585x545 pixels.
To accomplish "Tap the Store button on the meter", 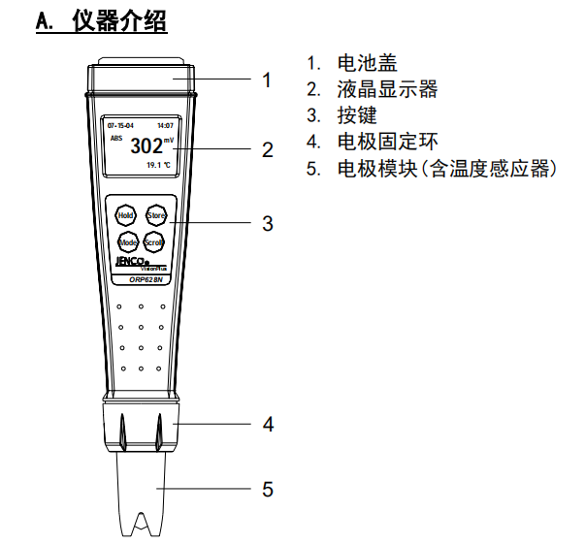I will click(156, 214).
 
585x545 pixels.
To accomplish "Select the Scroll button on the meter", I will click(155, 242).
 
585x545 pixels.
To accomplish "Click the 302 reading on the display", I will click(146, 147).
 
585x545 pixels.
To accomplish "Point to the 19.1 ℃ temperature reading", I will click(158, 166).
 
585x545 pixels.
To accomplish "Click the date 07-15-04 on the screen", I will click(120, 126).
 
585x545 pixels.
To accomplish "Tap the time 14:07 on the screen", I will click(166, 126).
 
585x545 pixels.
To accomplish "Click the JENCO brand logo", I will click(129, 262).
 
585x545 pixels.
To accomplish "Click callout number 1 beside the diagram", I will click(267, 80).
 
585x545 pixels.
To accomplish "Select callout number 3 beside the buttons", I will click(267, 224).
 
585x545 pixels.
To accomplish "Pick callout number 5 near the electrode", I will click(268, 489).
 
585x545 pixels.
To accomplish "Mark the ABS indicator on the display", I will click(116, 140).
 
